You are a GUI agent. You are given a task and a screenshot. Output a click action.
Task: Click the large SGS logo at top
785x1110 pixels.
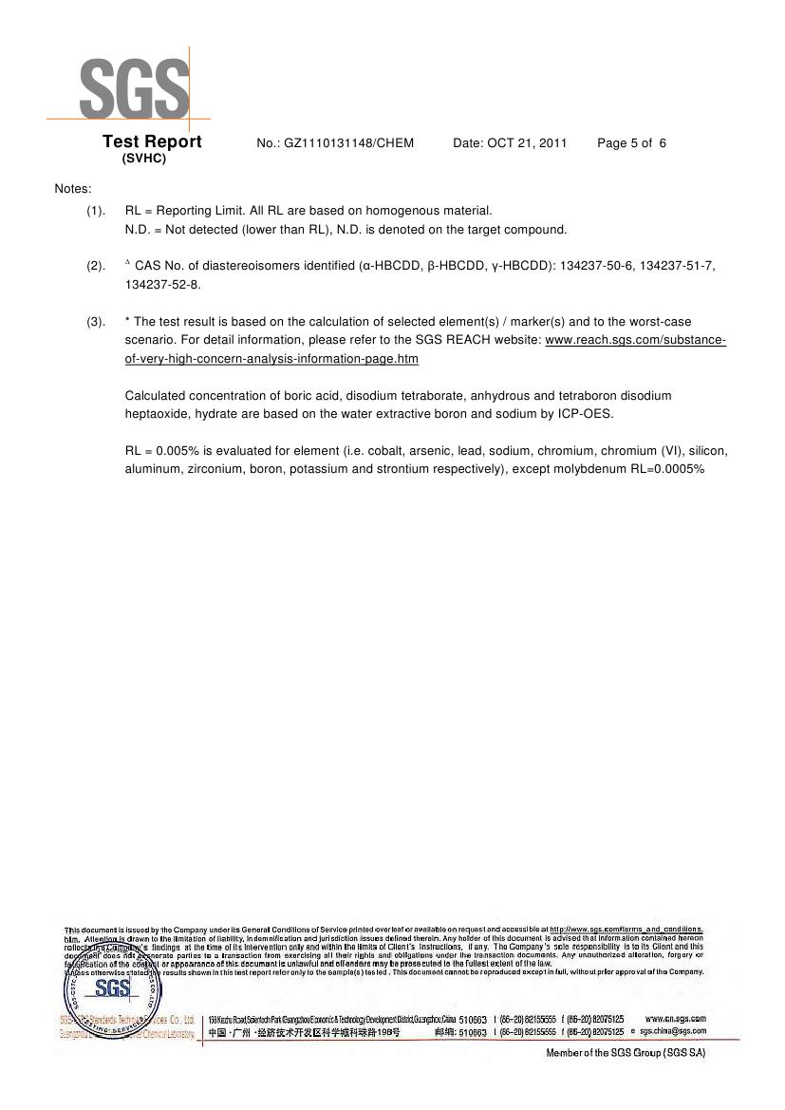[134, 87]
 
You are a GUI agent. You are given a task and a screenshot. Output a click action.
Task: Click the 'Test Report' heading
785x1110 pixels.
[152, 142]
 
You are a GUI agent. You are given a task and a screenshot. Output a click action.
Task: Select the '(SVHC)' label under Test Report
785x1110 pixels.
[144, 159]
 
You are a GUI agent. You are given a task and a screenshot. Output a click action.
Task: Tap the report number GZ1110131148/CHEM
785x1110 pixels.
[335, 143]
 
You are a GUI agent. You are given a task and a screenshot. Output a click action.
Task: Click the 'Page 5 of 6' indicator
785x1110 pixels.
[631, 143]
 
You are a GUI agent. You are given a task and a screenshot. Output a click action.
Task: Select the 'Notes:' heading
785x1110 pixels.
[73, 189]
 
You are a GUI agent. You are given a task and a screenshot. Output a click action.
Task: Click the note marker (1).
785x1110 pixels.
[96, 211]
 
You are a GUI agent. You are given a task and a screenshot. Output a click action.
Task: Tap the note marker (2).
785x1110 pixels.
[96, 266]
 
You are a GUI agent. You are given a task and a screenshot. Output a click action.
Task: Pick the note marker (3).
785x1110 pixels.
[96, 322]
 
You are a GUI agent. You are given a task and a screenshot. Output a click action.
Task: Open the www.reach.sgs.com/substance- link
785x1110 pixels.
[635, 340]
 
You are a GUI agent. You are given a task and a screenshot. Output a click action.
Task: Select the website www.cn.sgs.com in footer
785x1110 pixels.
[675, 1019]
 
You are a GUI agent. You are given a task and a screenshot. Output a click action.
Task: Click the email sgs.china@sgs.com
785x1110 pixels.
[672, 1031]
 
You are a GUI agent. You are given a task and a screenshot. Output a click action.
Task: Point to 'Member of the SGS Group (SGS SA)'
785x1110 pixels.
[626, 1053]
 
